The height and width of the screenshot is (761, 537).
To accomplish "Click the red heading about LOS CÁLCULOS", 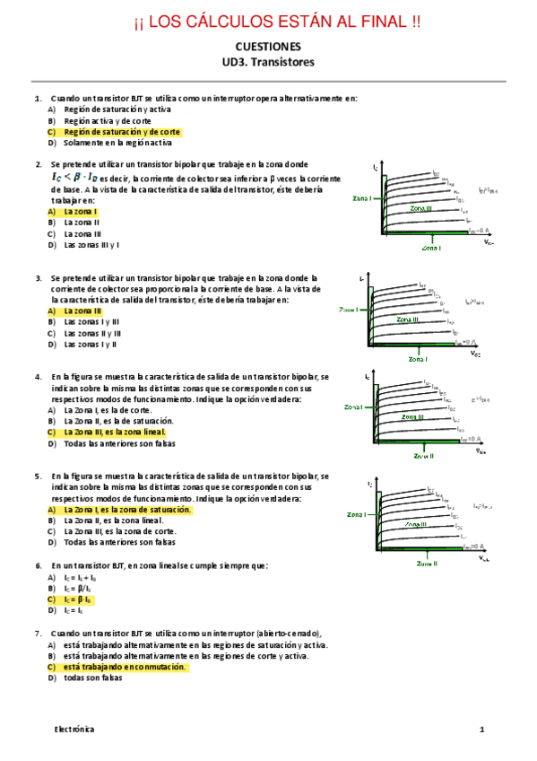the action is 268,21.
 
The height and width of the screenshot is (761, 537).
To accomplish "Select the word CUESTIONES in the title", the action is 268,47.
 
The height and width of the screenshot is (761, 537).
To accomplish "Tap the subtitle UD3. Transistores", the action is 268,62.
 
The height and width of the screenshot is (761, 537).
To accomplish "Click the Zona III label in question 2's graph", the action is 420,208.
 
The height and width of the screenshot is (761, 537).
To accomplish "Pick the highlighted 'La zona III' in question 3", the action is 82,311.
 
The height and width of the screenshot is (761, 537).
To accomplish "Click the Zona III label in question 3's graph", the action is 408,319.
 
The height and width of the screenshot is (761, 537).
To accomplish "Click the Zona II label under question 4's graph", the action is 423,456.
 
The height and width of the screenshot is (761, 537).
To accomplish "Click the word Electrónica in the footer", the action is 72,730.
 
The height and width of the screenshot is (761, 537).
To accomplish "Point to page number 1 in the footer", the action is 481,730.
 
